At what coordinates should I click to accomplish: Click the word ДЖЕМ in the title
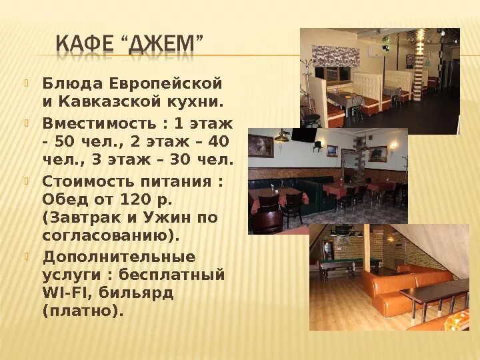[x=164, y=47]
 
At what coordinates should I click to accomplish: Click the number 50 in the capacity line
[x=65, y=141]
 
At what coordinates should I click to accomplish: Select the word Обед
[x=62, y=199]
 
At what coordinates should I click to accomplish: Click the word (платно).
[x=83, y=311]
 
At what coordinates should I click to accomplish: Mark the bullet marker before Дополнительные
[x=27, y=256]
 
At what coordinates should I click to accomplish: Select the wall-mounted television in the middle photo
[x=303, y=135]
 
